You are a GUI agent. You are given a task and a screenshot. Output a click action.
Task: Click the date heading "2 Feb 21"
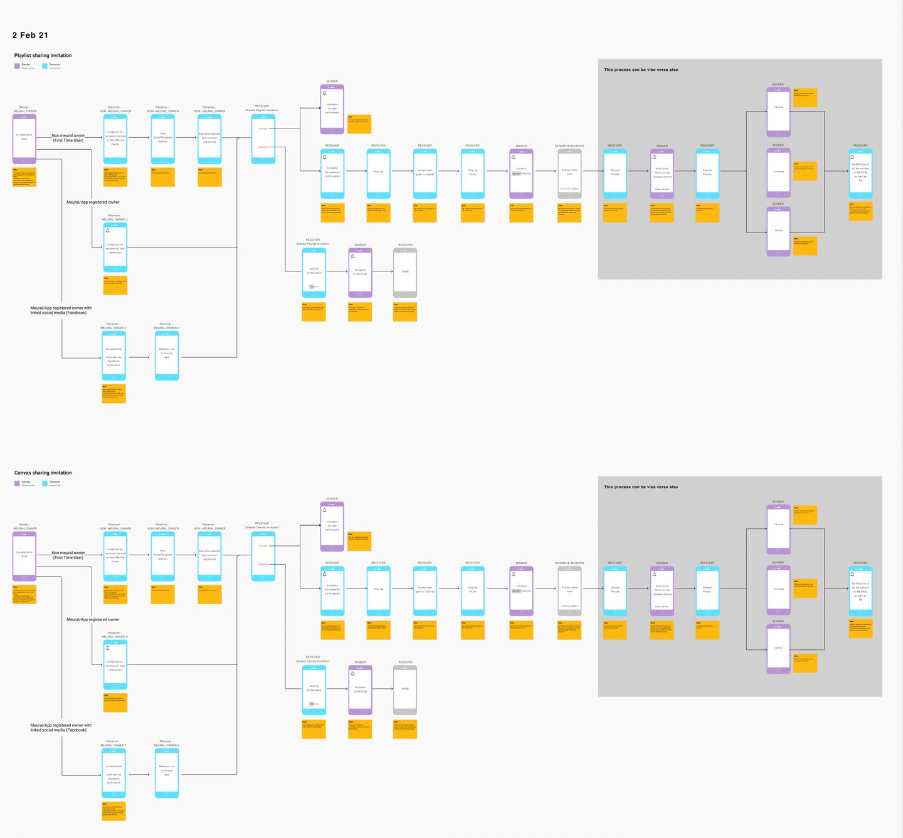[30, 35]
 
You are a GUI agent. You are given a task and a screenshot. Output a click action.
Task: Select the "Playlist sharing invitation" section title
[43, 56]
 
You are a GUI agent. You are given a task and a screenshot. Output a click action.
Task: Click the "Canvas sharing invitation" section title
[43, 473]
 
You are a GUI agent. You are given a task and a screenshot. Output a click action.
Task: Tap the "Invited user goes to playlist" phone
[425, 173]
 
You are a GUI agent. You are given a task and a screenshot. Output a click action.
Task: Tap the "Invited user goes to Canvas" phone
[425, 590]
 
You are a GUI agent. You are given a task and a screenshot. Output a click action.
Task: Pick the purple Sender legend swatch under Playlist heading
[17, 66]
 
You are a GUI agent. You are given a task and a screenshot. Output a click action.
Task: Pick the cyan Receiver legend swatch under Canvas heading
[45, 483]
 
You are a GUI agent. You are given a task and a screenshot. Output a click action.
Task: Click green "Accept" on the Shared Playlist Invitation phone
[263, 128]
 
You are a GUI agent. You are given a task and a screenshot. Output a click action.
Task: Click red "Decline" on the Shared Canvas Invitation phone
[263, 564]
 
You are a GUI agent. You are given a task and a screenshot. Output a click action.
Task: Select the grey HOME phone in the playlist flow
[405, 272]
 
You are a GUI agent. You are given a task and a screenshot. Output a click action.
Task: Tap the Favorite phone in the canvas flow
[778, 528]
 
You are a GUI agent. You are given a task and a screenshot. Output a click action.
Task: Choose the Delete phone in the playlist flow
[778, 231]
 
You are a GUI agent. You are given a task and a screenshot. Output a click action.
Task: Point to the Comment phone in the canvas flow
[778, 590]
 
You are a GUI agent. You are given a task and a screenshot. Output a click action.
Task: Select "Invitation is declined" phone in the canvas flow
[360, 689]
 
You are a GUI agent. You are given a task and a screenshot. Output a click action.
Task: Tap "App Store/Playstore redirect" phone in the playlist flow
[162, 139]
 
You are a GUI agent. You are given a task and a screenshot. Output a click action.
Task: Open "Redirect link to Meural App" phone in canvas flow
[167, 772]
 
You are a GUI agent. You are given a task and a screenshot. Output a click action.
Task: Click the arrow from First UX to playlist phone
[401, 170]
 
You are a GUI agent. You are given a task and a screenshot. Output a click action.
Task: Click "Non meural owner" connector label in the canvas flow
[68, 555]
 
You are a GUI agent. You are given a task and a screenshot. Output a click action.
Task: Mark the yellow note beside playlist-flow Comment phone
[805, 170]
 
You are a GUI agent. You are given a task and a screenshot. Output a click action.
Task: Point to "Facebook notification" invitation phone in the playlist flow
[114, 355]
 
